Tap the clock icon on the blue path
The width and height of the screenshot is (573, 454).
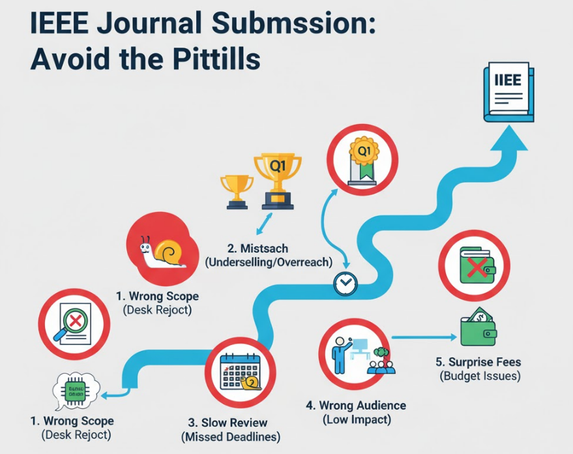pos(345,283)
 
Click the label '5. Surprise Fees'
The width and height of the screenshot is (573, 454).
pos(478,362)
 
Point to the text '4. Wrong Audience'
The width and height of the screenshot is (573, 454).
pos(356,405)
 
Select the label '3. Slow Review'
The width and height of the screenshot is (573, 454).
pos(228,423)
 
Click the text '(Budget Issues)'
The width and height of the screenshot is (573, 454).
pos(480,376)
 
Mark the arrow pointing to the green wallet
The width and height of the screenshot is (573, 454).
pos(424,337)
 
